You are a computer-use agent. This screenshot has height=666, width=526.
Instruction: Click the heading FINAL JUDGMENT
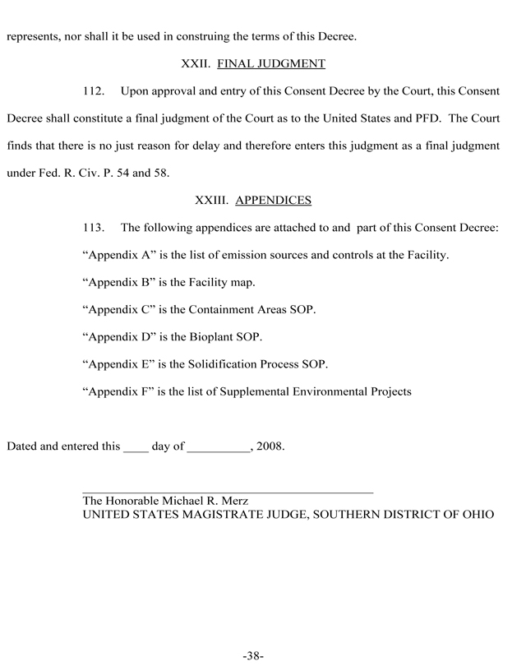(x=272, y=63)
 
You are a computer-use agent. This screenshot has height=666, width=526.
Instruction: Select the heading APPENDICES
(x=273, y=200)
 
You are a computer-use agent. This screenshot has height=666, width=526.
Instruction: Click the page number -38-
(x=252, y=655)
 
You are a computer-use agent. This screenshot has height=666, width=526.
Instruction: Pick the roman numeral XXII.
(x=196, y=63)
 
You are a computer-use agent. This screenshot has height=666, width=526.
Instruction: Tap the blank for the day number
(x=136, y=450)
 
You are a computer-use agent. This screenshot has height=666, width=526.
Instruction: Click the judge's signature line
(x=228, y=492)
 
